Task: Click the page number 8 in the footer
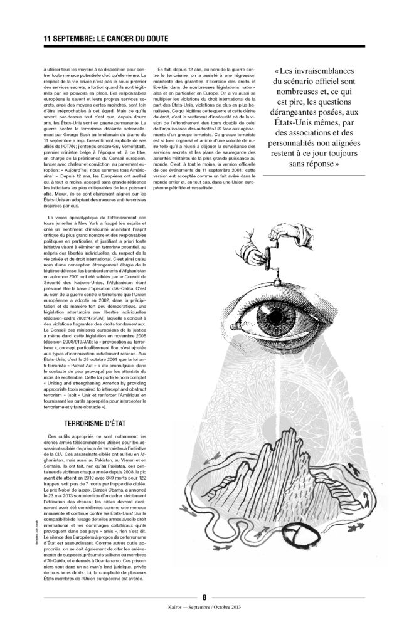pos(204,596)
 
